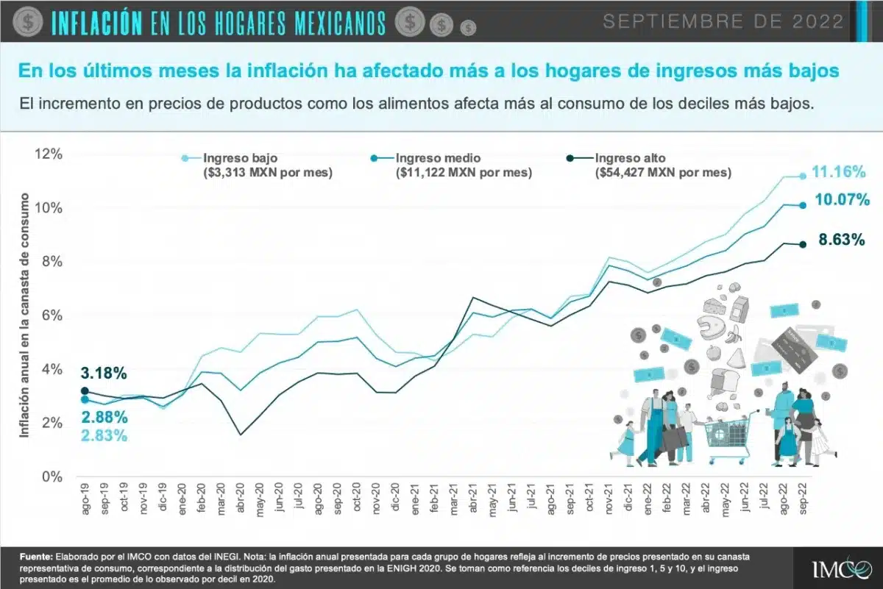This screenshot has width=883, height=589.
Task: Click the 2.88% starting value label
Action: point(104,417)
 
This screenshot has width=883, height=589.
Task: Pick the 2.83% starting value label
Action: point(104,436)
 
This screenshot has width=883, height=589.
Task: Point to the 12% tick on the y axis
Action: point(49,154)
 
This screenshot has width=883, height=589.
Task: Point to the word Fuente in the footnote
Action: point(36,556)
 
